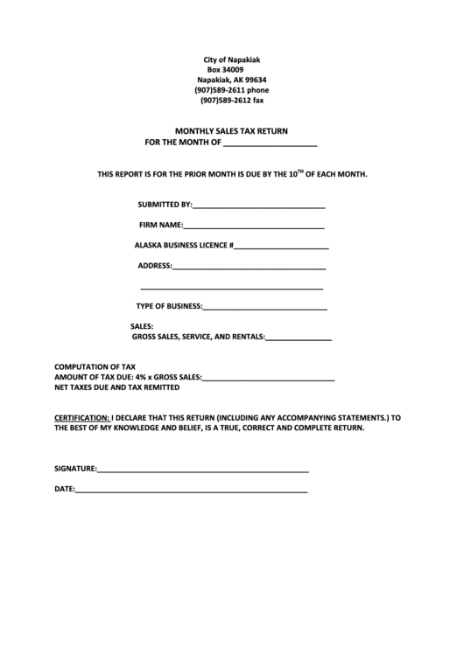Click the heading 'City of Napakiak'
(x=231, y=59)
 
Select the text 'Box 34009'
(x=225, y=69)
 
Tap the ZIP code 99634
(x=251, y=80)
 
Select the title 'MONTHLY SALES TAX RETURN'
(x=231, y=130)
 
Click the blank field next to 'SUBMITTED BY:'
(x=258, y=206)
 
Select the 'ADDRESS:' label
(x=155, y=266)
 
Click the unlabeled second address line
(x=232, y=287)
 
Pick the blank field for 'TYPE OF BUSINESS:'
(x=265, y=308)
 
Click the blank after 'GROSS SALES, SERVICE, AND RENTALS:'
(x=298, y=338)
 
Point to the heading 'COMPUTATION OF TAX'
(x=95, y=366)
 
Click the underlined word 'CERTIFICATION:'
(x=82, y=418)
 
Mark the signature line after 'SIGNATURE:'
(x=203, y=470)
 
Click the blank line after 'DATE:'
(x=191, y=491)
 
